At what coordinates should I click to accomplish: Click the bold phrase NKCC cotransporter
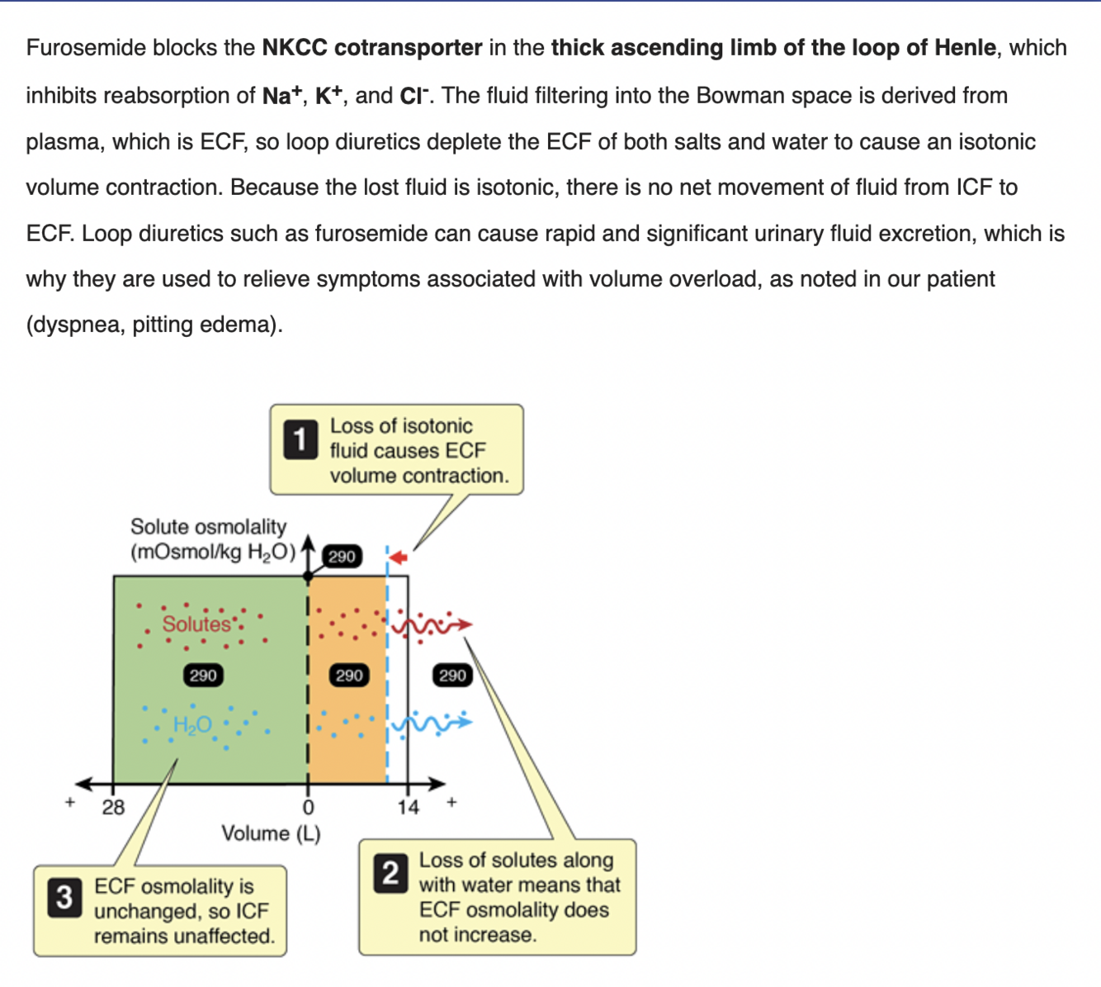(x=371, y=48)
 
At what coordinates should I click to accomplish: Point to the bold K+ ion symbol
(x=328, y=96)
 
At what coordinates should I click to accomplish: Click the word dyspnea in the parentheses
(x=78, y=325)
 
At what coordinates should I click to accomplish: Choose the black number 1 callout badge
(x=300, y=439)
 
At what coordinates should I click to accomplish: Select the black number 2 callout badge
(x=390, y=873)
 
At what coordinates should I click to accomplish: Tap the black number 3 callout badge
(x=64, y=897)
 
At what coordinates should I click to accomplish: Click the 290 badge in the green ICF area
(x=203, y=676)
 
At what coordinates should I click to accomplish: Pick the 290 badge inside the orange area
(x=348, y=676)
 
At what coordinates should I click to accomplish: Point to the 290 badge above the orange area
(x=342, y=557)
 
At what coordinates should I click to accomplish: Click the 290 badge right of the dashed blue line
(x=452, y=676)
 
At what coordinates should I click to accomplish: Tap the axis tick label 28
(x=113, y=807)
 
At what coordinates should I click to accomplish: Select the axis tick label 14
(x=408, y=807)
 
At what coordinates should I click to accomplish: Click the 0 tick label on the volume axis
(x=308, y=807)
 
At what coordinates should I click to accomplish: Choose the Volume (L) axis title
(x=271, y=833)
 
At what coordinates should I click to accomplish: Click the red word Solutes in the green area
(x=196, y=624)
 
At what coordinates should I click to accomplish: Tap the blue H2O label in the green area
(x=192, y=725)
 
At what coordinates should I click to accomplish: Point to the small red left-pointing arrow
(x=399, y=558)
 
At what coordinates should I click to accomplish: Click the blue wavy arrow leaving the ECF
(x=432, y=723)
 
